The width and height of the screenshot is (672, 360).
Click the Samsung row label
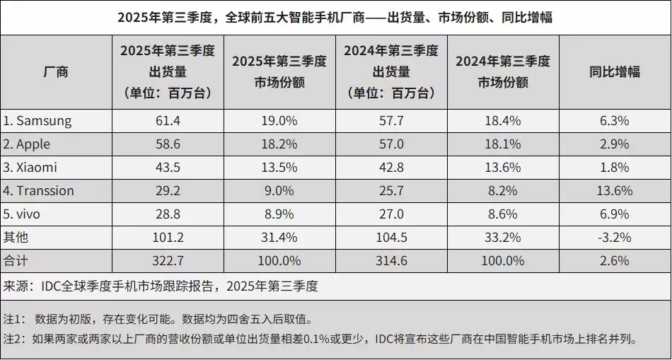click(x=37, y=121)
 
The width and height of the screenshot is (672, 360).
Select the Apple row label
click(x=27, y=144)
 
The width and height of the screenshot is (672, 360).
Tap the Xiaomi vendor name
click(x=30, y=168)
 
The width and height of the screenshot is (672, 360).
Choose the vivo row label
click(x=24, y=214)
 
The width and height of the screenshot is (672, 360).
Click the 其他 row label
click(x=16, y=238)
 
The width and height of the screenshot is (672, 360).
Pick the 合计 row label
click(x=16, y=261)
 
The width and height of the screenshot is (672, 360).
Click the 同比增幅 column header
click(x=614, y=71)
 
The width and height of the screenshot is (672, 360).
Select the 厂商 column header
click(x=56, y=71)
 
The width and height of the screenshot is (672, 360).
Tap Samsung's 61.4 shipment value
click(x=167, y=121)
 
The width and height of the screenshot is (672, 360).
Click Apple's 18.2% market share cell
click(x=279, y=144)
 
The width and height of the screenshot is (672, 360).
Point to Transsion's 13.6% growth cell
click(x=614, y=191)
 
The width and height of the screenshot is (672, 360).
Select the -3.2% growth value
click(x=614, y=238)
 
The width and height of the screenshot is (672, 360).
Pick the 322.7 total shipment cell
click(x=167, y=261)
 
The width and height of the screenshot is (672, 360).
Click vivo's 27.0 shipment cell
click(x=391, y=214)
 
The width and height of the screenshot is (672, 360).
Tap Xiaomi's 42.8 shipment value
click(x=391, y=168)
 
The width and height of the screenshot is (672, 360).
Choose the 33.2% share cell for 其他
click(x=502, y=238)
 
